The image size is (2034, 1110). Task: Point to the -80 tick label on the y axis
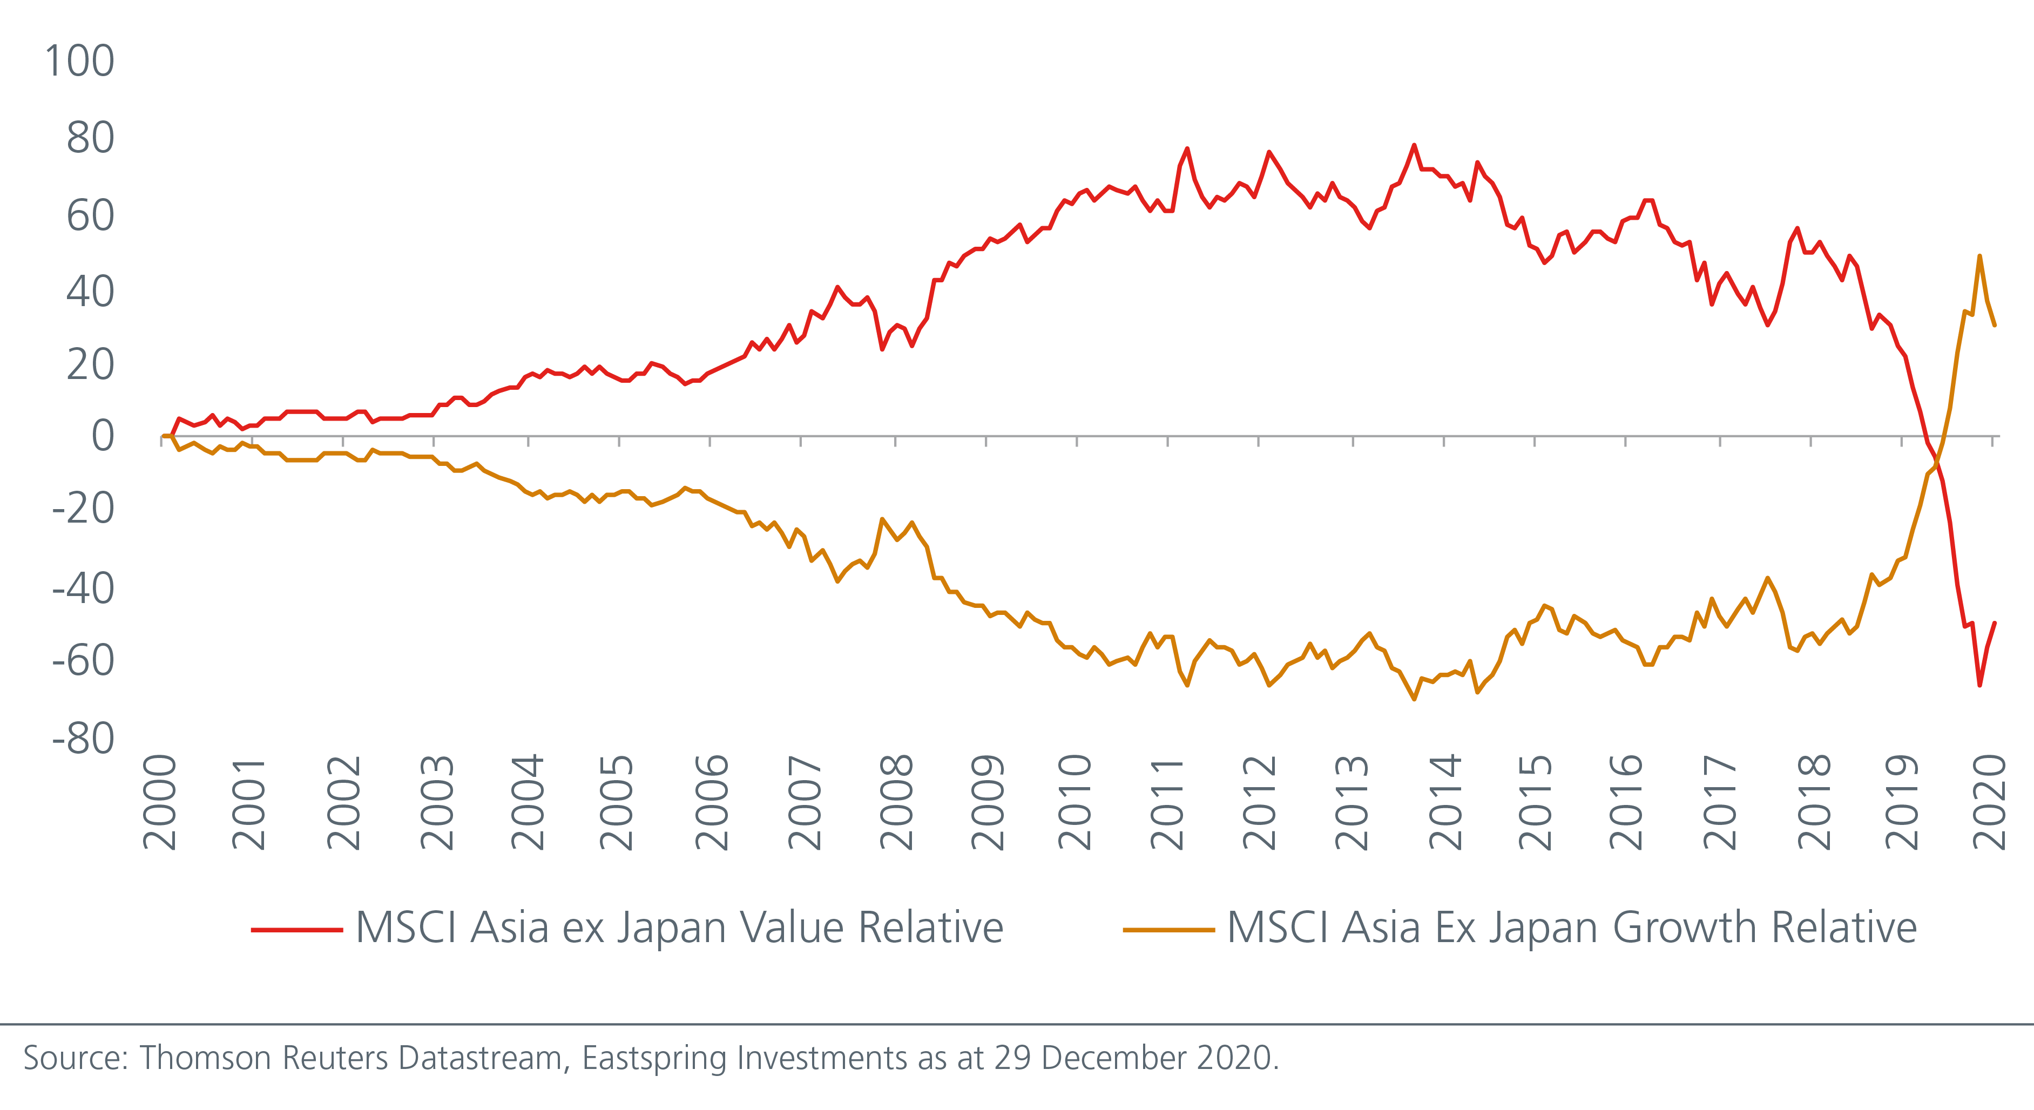tap(84, 739)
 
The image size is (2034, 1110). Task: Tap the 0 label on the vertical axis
tap(103, 436)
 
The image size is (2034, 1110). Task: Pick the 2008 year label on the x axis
tap(896, 801)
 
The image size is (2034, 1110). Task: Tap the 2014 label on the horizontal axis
tap(1445, 801)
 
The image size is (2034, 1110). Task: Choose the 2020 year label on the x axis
tap(1989, 801)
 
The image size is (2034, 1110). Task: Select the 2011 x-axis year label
tap(1167, 801)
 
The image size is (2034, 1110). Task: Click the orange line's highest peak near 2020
tap(1979, 256)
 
